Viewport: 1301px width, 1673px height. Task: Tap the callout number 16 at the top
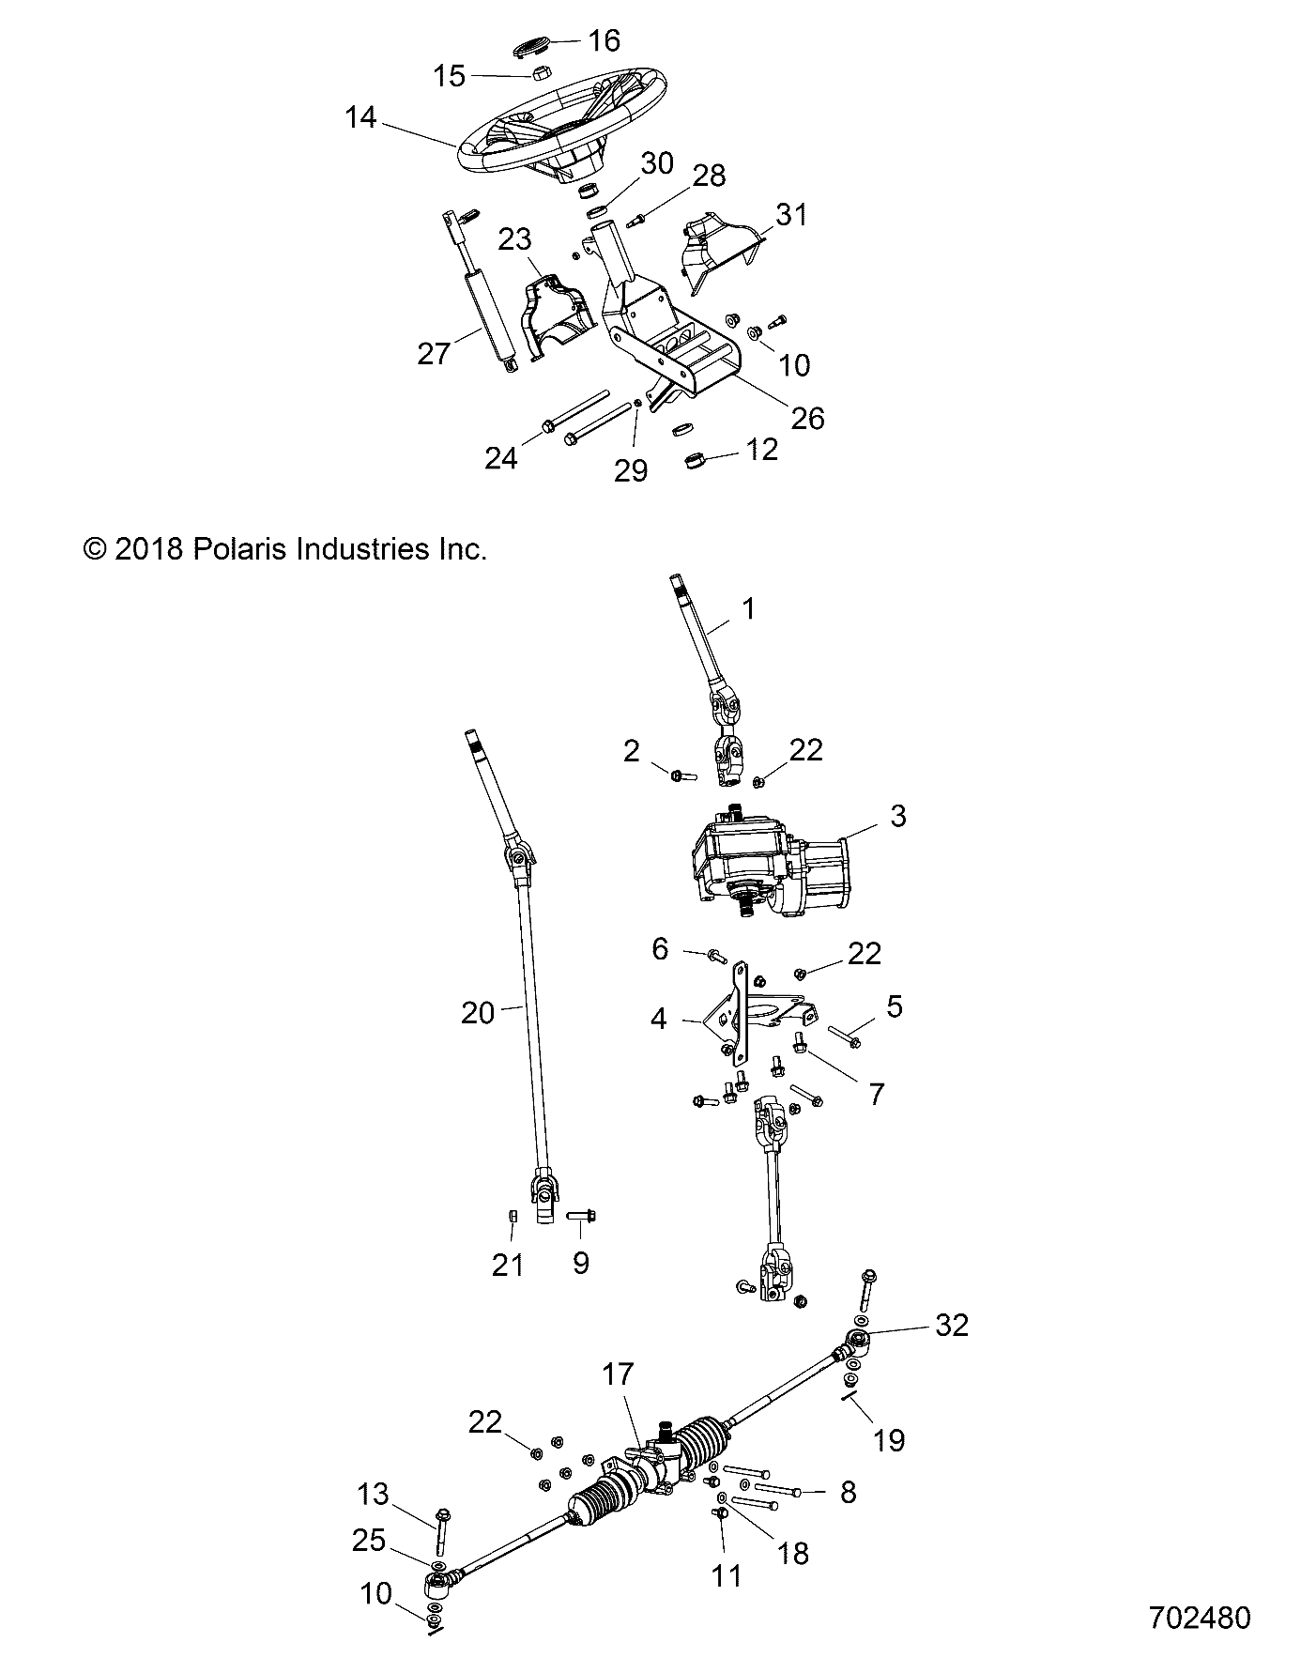[605, 40]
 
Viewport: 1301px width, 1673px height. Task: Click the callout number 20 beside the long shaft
[477, 1013]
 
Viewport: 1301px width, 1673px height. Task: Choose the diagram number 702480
[1200, 1618]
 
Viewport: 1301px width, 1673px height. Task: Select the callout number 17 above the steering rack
[618, 1374]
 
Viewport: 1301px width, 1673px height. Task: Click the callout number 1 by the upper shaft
[748, 609]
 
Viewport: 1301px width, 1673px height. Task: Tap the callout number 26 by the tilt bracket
[807, 418]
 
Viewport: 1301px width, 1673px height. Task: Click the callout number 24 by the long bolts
[501, 458]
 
